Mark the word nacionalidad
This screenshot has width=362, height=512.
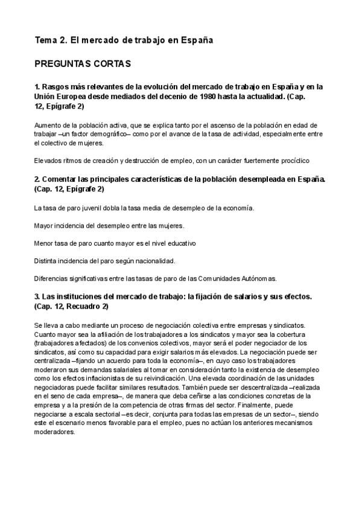coord(152,261)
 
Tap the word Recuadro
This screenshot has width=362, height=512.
coord(86,307)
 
